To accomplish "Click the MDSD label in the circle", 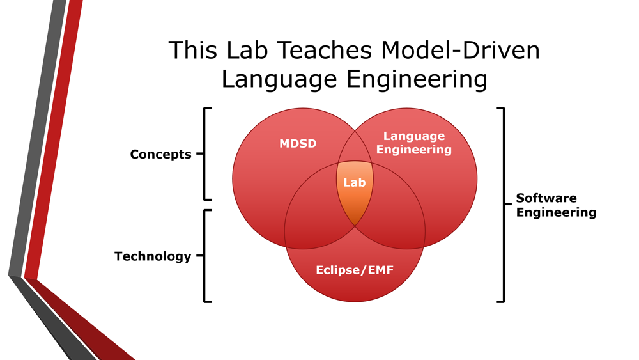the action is [x=298, y=143].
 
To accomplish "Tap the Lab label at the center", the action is [x=355, y=182].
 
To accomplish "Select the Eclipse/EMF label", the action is [x=355, y=270].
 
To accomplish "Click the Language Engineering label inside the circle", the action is [x=413, y=143].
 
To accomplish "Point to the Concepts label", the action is [x=160, y=155].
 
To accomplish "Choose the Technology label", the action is [x=153, y=256].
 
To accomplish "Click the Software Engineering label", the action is [x=556, y=205].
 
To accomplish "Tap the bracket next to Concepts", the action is [x=204, y=154].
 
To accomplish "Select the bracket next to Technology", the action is [x=204, y=256].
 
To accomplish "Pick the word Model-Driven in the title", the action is [x=461, y=50].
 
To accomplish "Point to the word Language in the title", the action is [x=279, y=80].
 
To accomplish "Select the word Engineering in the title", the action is [x=417, y=80].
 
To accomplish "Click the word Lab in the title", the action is [x=247, y=50].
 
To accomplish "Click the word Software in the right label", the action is [x=546, y=198].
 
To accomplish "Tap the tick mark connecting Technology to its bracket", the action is [x=199, y=256].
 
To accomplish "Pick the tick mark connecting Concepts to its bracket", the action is [x=199, y=153].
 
